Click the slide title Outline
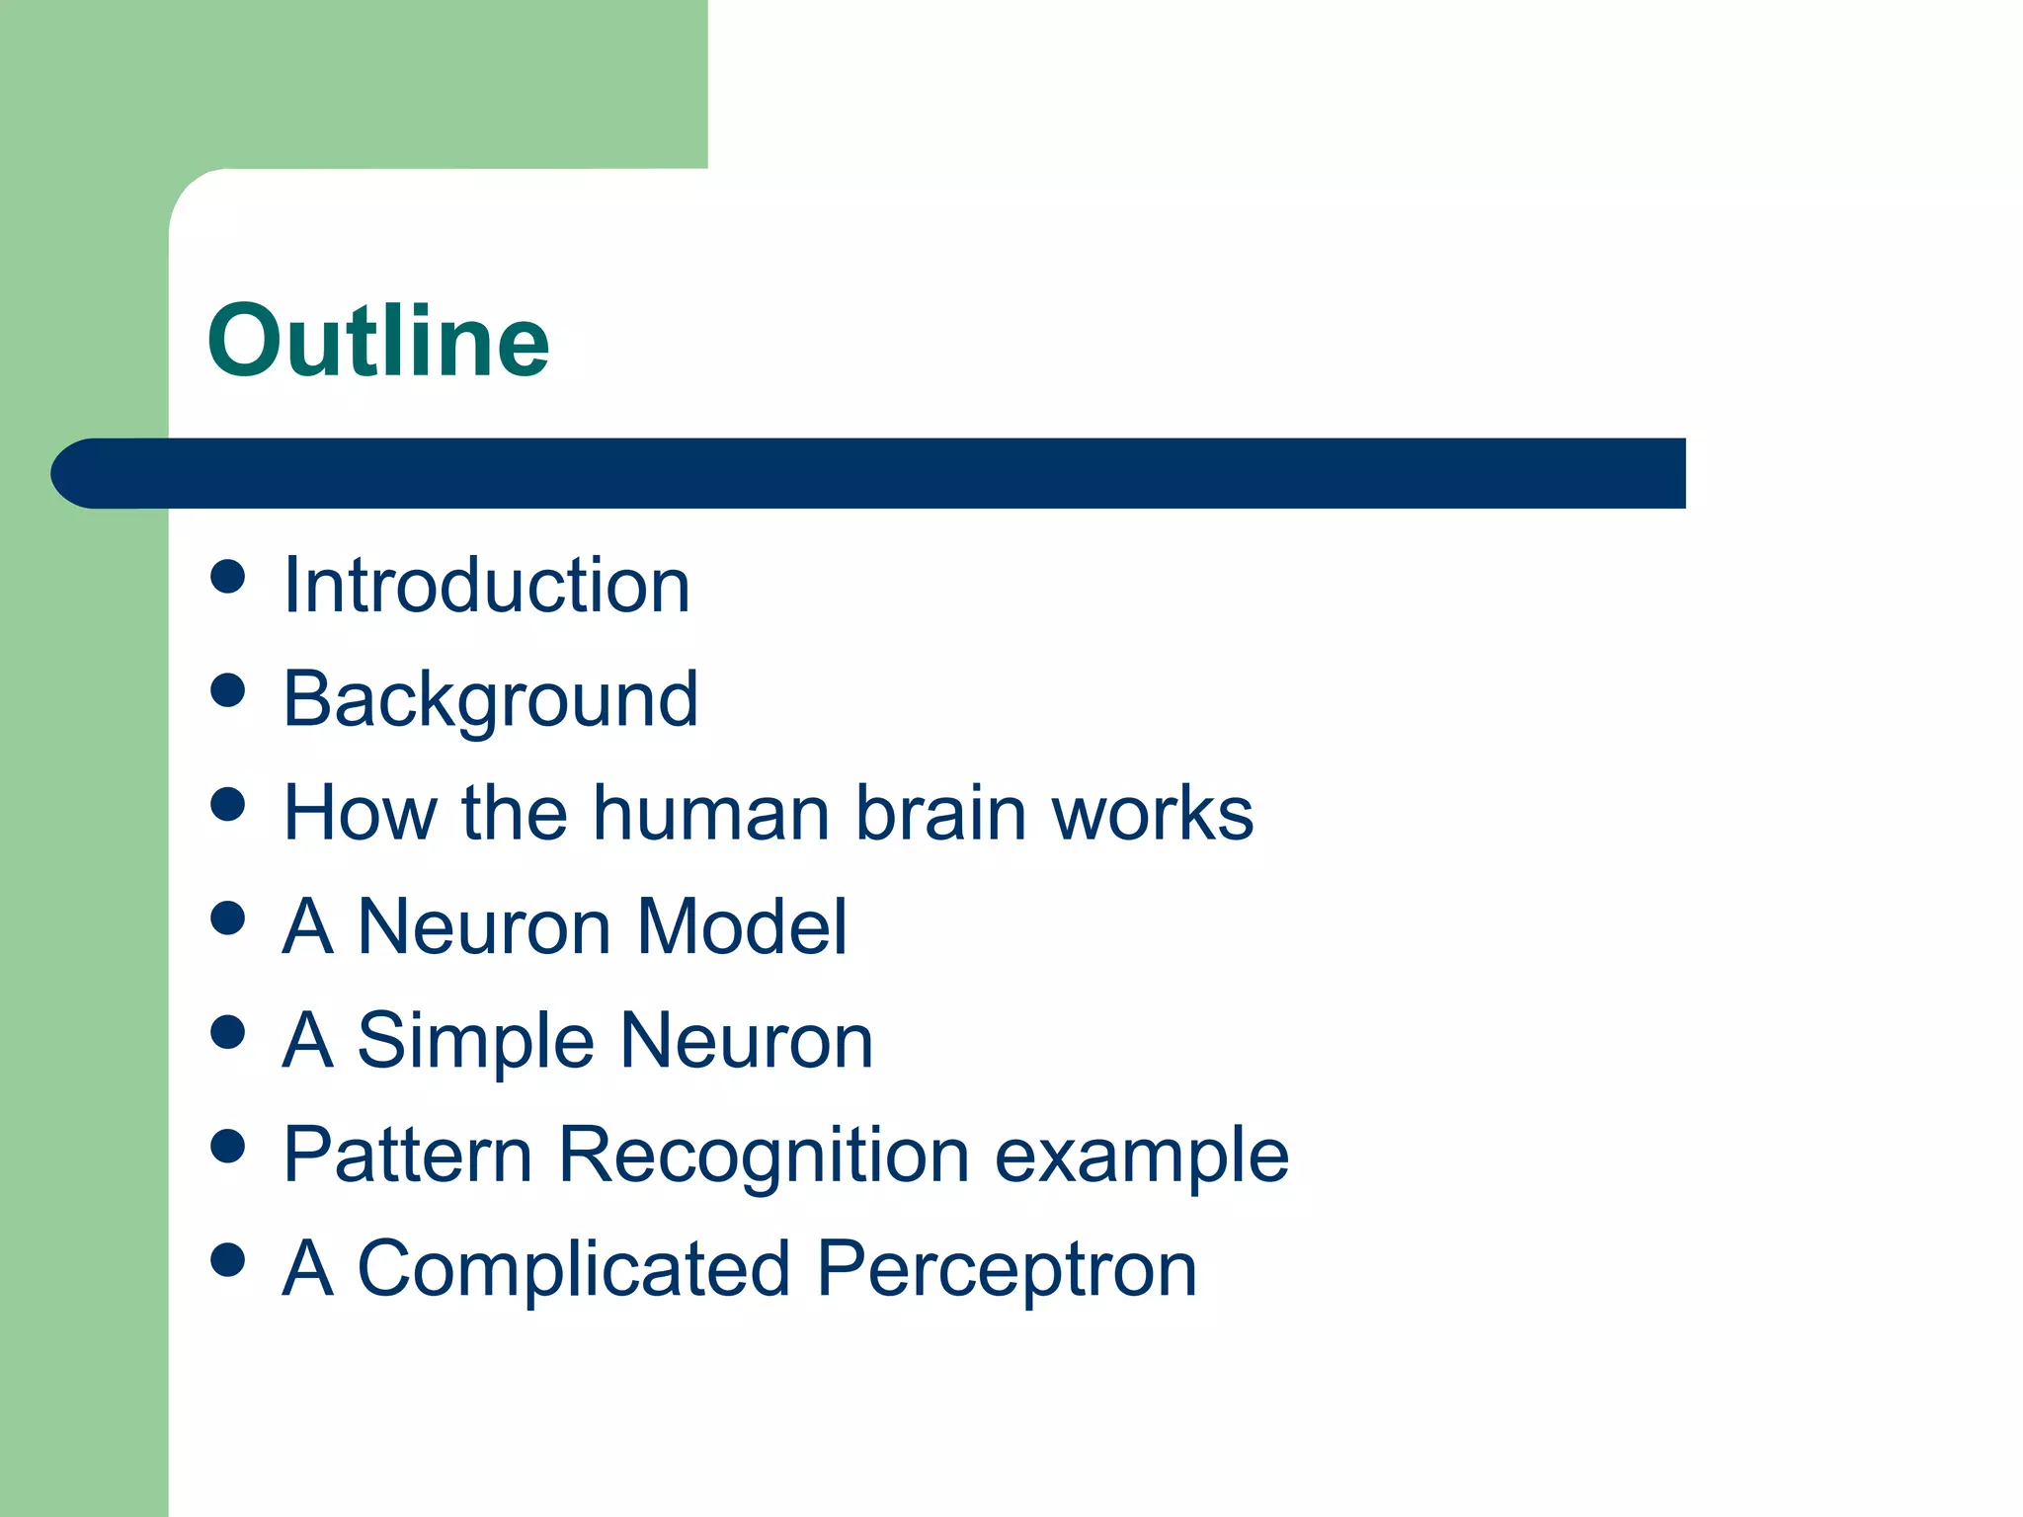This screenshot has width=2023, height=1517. pos(378,341)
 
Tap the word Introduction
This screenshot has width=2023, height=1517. pos(486,586)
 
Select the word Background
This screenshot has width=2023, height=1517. pos(490,700)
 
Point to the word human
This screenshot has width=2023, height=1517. pos(710,814)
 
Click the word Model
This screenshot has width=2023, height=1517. pos(742,927)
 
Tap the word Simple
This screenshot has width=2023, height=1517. pos(475,1042)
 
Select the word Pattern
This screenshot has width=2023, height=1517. pos(407,1155)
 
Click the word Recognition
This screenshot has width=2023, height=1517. pos(764,1156)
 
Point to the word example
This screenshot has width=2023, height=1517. pos(1141,1156)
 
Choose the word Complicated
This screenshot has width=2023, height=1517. pos(573,1269)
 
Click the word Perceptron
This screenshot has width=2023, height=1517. pos(1007,1270)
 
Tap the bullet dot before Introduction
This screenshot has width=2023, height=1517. pos(228,577)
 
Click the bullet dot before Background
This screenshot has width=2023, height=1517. pos(228,690)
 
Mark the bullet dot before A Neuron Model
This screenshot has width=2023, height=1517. pos(228,918)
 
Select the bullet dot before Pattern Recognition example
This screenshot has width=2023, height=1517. pos(228,1146)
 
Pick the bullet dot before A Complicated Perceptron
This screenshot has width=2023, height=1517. pos(228,1260)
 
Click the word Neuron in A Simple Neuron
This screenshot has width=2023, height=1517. pos(747,1041)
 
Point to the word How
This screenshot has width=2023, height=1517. pos(360,814)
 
